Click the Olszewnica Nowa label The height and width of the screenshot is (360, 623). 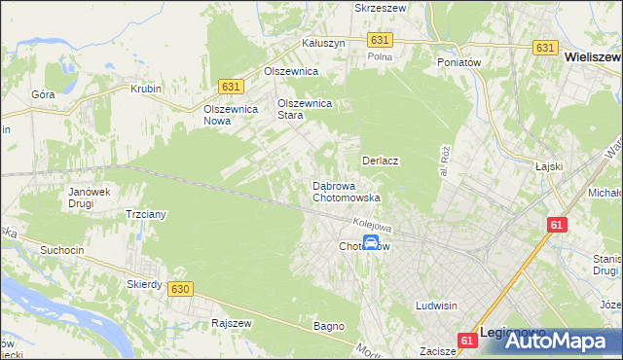230,115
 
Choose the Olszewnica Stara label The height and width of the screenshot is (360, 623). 306,109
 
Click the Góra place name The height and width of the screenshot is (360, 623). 43,94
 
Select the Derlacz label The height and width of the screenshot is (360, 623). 382,160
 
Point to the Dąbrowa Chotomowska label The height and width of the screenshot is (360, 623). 346,192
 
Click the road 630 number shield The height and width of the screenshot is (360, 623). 179,289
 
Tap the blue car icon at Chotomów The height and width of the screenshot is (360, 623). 371,243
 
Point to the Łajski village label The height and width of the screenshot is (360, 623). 550,166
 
